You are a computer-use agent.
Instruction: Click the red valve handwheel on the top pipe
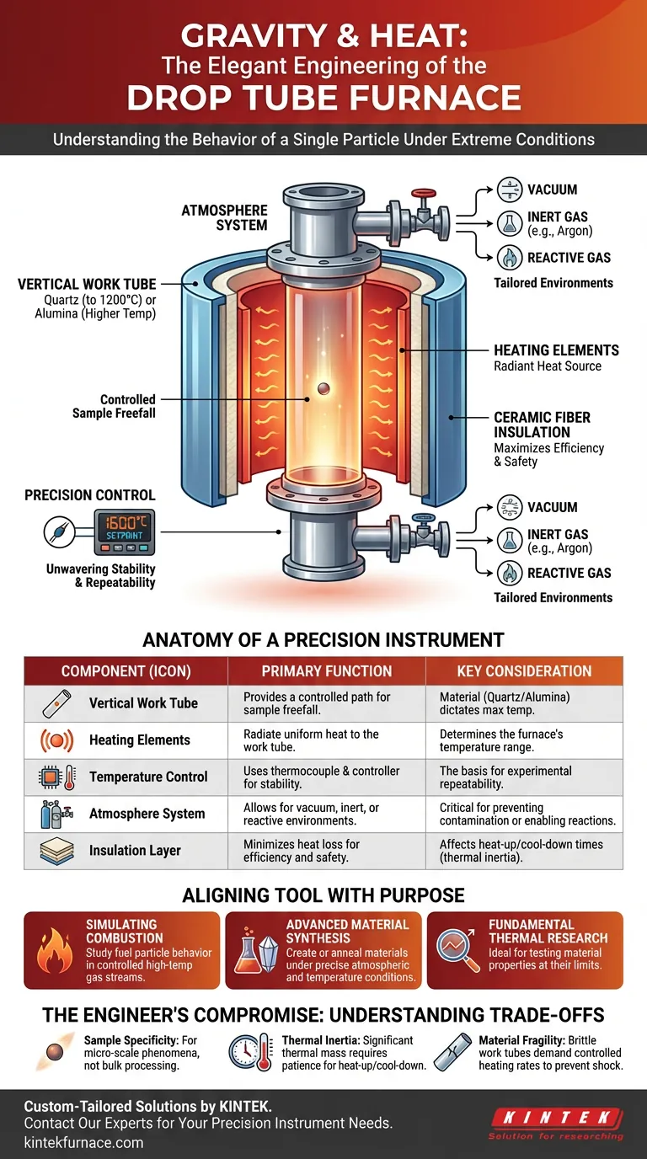(x=424, y=194)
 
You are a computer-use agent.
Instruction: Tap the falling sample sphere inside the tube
(x=323, y=388)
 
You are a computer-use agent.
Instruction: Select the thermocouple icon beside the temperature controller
(x=60, y=531)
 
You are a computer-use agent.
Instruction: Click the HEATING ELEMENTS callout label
(x=556, y=350)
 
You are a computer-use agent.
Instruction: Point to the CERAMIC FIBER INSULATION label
(x=542, y=425)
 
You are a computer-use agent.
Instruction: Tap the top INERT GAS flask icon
(x=510, y=223)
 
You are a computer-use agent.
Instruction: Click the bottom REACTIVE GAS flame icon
(x=510, y=574)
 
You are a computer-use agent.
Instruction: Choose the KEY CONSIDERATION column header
(x=524, y=671)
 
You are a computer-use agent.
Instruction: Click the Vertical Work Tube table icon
(x=56, y=703)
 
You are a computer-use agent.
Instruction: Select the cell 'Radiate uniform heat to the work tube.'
(x=311, y=740)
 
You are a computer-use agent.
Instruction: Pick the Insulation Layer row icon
(x=56, y=851)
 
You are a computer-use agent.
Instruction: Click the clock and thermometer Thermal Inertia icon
(x=251, y=1052)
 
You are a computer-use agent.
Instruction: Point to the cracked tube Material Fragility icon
(x=452, y=1052)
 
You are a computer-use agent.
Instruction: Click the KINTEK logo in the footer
(x=556, y=1124)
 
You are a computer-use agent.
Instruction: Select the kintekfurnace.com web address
(x=84, y=1142)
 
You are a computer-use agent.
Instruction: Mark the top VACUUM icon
(x=510, y=190)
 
